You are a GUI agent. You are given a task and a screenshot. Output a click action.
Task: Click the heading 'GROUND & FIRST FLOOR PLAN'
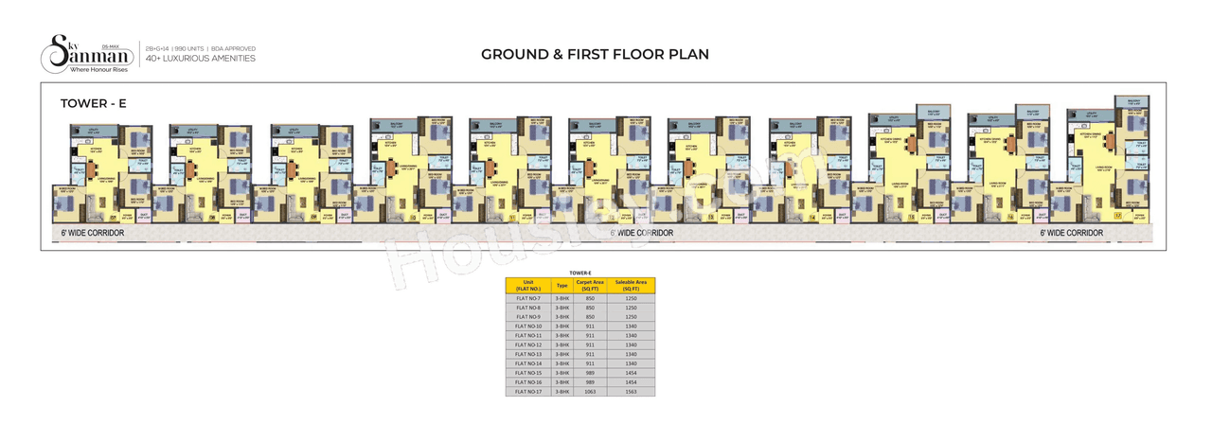point(595,54)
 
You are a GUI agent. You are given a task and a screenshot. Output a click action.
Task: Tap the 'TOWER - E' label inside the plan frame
point(93,103)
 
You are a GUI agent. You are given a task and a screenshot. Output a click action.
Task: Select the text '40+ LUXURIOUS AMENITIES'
point(201,59)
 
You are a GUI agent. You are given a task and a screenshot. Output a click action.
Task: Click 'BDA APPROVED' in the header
point(235,47)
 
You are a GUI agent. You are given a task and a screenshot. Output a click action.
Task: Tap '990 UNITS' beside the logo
point(194,47)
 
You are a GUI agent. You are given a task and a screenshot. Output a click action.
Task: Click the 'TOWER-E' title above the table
point(579,273)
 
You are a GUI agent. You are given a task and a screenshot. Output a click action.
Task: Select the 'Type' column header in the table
point(561,285)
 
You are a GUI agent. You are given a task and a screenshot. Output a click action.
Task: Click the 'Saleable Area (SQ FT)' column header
point(631,285)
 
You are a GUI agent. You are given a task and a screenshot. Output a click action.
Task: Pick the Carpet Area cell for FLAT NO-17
point(590,391)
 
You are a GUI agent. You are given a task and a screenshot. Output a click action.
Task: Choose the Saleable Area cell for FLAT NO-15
point(631,373)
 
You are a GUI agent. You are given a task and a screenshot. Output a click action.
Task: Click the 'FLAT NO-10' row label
point(528,326)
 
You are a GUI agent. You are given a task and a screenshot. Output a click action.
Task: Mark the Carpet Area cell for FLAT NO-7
point(590,298)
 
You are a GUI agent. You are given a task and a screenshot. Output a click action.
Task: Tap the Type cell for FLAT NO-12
point(561,344)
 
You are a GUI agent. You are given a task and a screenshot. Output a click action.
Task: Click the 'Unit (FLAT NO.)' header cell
point(528,285)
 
